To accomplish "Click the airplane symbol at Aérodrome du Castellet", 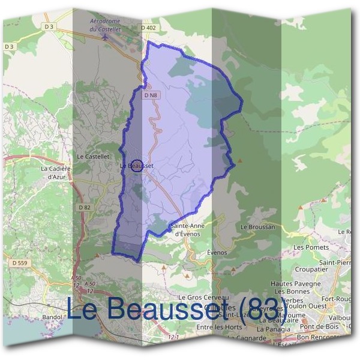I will point(106,37).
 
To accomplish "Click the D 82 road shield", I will point(83,207).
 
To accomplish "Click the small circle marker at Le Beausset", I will point(136,166).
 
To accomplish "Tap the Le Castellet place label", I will point(93,156).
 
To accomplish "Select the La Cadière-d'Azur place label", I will point(56,172).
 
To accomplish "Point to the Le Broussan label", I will point(257,227).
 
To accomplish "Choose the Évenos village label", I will point(217,253).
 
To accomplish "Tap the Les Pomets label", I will point(311,247).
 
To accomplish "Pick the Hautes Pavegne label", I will point(293,283).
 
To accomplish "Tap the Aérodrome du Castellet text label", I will point(105,25).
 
